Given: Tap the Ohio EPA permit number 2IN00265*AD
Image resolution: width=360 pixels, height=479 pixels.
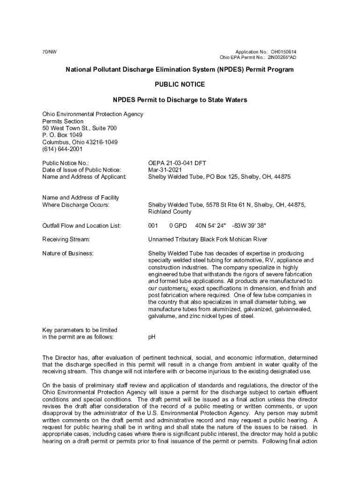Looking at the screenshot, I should coord(282,58).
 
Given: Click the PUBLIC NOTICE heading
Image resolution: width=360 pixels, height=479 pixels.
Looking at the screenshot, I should coord(180,85).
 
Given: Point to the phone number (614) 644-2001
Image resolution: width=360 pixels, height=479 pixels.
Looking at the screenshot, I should coord(62,149).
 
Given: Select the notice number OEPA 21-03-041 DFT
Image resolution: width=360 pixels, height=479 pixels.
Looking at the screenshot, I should coord(177,163).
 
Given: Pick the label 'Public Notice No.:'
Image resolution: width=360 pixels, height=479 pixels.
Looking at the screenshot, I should coord(65,163).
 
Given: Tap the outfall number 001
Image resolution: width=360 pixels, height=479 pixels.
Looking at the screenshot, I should coord(153,225).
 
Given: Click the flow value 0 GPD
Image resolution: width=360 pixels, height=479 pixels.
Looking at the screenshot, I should coord(178,225).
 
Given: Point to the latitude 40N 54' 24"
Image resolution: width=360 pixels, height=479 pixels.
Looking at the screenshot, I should coord(210,225).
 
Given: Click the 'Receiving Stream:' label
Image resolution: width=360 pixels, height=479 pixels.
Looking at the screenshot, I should coord(66,239).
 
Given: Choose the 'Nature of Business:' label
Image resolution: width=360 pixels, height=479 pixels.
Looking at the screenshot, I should coord(68,253).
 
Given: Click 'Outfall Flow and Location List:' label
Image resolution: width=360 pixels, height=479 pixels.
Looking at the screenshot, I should coord(82,225).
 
